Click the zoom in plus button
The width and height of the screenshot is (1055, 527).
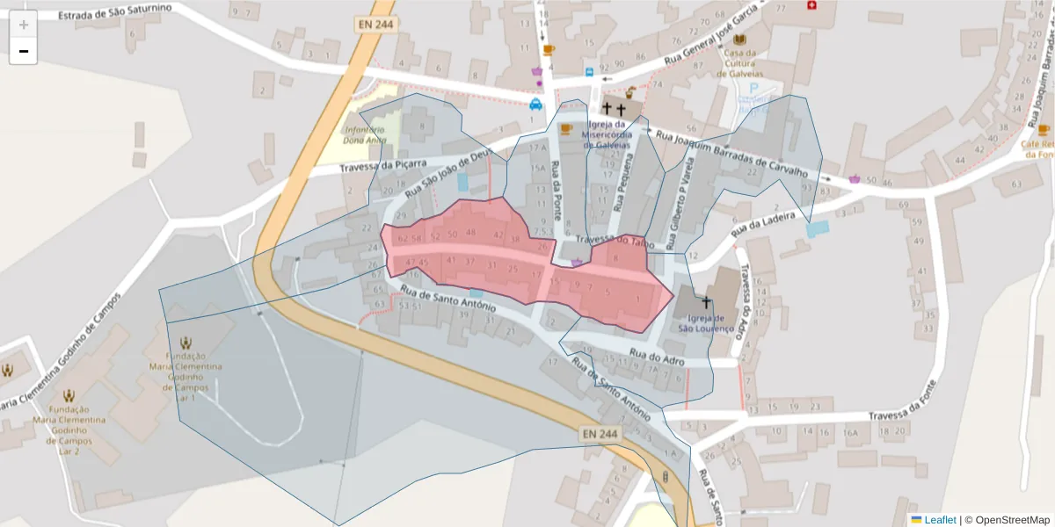coord(24,25)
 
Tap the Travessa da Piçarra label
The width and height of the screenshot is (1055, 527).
coord(382,166)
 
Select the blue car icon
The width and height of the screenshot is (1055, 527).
coord(535,104)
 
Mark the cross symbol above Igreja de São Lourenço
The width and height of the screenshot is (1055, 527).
coord(705,302)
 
